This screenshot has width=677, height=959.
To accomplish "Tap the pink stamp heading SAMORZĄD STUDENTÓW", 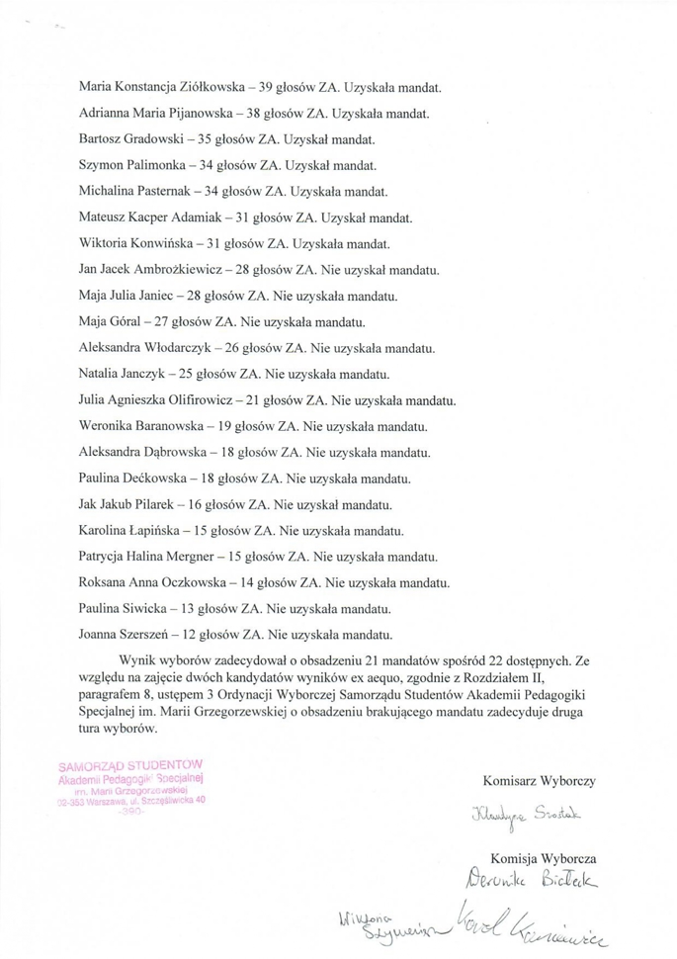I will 130,764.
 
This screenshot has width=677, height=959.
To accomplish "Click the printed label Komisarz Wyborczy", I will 539,781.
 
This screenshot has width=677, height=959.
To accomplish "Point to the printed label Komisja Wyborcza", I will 543,859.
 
